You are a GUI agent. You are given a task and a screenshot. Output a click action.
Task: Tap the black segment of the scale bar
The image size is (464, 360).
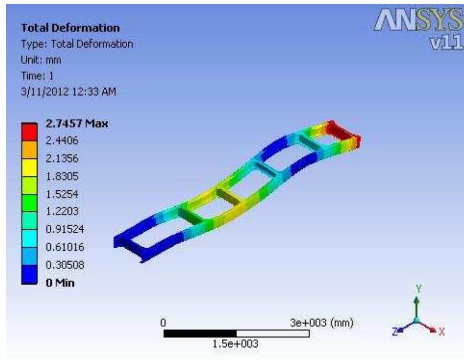(x=200, y=334)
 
